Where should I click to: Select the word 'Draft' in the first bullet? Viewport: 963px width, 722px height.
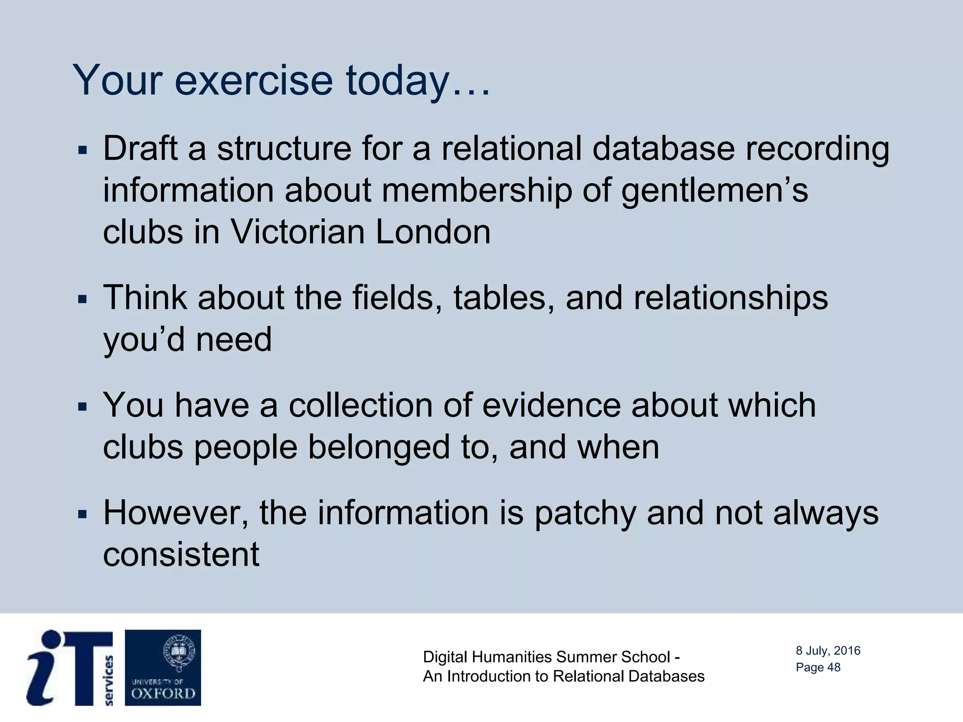pos(140,148)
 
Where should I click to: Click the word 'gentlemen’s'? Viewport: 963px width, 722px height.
pos(714,191)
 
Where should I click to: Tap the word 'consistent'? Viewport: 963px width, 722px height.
pos(181,555)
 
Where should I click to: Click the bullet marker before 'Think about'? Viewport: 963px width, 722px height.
pos(83,299)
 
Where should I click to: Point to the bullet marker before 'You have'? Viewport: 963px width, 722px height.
pos(83,407)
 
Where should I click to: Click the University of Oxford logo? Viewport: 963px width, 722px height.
pos(163,667)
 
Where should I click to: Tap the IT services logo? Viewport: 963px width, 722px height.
pos(71,667)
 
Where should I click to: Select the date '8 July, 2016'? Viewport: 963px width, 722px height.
pos(828,651)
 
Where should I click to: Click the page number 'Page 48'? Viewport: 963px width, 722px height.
pos(818,667)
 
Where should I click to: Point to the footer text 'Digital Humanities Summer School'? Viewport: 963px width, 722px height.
pos(546,657)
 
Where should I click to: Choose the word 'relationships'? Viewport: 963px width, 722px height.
pos(730,298)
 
